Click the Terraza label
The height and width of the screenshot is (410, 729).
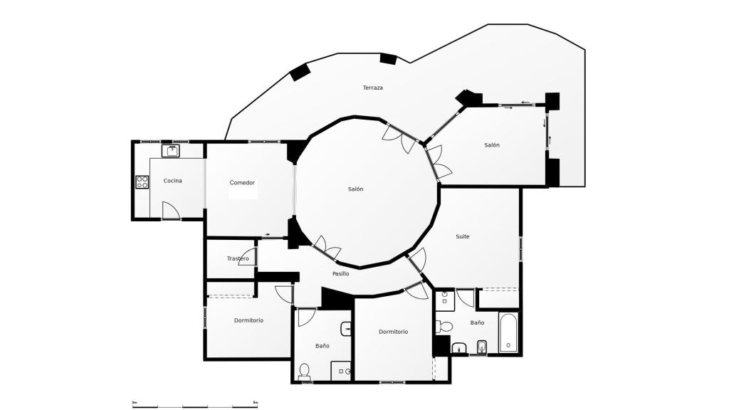372,88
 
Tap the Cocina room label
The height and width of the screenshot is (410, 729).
172,181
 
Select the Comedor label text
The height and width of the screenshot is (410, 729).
242,183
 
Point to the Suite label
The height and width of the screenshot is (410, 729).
463,236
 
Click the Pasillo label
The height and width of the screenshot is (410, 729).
340,273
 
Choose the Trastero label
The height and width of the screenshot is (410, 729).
238,258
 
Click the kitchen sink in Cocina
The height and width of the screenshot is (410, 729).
172,150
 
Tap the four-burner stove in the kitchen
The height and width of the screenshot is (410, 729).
142,182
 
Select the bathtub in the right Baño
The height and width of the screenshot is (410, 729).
508,334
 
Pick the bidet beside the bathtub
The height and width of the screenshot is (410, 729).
481,347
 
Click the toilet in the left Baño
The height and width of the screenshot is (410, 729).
305,371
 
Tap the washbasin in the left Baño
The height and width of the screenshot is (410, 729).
347,328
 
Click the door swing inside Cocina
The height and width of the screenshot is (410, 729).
171,211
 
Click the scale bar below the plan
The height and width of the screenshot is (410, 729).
195,406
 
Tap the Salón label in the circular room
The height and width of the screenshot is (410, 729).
355,189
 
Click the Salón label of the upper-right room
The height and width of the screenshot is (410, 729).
492,145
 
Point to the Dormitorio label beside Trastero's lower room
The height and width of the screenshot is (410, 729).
248,320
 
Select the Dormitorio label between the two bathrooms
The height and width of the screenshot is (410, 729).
393,332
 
